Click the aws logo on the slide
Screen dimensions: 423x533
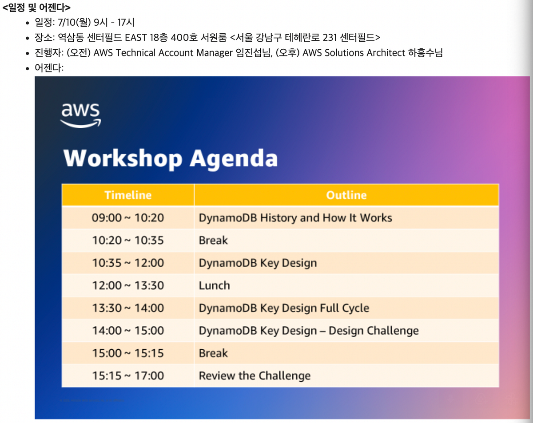click(x=80, y=115)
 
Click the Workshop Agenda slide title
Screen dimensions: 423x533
click(x=171, y=158)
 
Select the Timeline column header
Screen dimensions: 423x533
click(x=128, y=195)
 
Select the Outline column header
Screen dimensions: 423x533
click(x=346, y=195)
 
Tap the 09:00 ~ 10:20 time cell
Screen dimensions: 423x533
click(x=128, y=218)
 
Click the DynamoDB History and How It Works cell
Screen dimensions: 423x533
click(x=295, y=218)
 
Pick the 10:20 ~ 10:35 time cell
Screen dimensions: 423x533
click(x=128, y=241)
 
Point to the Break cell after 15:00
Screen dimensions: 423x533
click(x=213, y=353)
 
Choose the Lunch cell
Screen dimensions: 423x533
click(x=214, y=285)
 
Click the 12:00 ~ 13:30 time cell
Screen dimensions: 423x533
click(x=128, y=285)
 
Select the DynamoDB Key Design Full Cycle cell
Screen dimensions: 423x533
click(x=284, y=308)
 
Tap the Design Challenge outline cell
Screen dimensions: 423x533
click(x=309, y=331)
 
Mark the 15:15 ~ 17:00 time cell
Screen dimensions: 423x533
click(x=128, y=376)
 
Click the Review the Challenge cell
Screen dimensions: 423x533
click(x=255, y=376)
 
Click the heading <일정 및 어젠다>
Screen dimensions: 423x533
click(x=36, y=8)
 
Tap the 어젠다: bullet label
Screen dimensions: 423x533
click(x=49, y=68)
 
